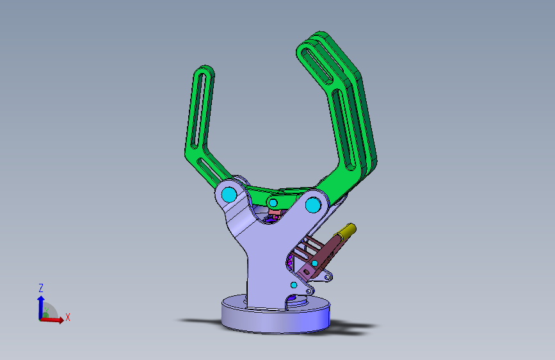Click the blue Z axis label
pyautogui.click(x=41, y=288)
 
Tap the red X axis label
pyautogui.click(x=67, y=317)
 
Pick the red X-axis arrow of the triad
pyautogui.click(x=55, y=320)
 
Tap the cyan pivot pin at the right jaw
pyautogui.click(x=313, y=205)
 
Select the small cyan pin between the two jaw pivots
pyautogui.click(x=273, y=203)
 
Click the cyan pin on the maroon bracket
pyautogui.click(x=314, y=263)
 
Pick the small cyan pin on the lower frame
pyautogui.click(x=294, y=284)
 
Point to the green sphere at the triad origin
pyautogui.click(x=45, y=315)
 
